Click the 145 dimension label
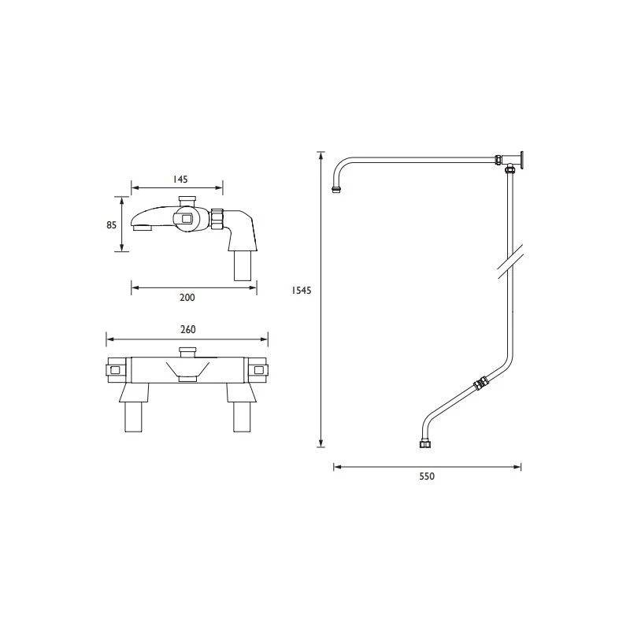point(180,180)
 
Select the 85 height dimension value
point(111,225)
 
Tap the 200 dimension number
point(187,298)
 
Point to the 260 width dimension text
point(187,329)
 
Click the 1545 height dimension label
point(302,290)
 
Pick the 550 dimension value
point(427,476)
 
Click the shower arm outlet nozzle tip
point(337,189)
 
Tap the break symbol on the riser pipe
point(510,261)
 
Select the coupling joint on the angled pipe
point(480,384)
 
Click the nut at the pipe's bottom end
point(424,444)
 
